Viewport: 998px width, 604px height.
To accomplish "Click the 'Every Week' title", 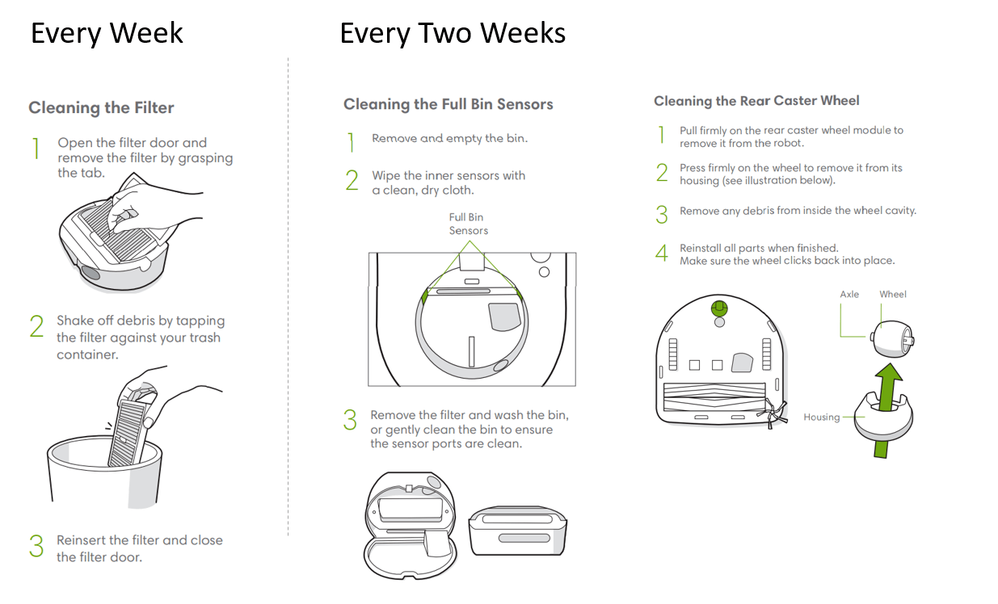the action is click(x=107, y=33).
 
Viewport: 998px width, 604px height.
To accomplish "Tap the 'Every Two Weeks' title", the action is click(x=453, y=33).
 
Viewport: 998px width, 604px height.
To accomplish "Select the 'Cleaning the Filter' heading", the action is click(x=101, y=107).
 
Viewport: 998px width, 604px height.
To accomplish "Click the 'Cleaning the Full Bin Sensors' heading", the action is click(x=448, y=104).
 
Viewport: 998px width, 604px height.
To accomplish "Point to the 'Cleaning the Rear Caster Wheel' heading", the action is click(x=756, y=101).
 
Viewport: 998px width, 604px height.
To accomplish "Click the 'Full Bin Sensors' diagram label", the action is click(x=468, y=224).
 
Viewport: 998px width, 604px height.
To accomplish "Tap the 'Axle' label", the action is click(x=849, y=294).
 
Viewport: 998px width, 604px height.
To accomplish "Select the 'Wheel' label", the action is click(x=892, y=294).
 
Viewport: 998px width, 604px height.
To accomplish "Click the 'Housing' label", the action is click(x=822, y=417).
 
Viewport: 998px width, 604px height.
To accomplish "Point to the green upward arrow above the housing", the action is click(x=886, y=409).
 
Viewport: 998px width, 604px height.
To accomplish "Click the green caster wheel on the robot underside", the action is click(x=719, y=308).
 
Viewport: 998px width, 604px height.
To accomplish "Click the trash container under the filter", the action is click(x=105, y=472).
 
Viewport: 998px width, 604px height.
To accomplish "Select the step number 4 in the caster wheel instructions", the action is click(x=662, y=254).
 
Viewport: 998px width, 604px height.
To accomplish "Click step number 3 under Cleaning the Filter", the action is click(x=36, y=546).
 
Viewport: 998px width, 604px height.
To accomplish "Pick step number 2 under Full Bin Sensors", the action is click(x=352, y=181).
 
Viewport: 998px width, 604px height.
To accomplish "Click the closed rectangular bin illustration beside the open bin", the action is click(x=517, y=531).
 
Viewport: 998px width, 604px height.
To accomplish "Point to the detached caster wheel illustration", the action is click(x=892, y=338).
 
